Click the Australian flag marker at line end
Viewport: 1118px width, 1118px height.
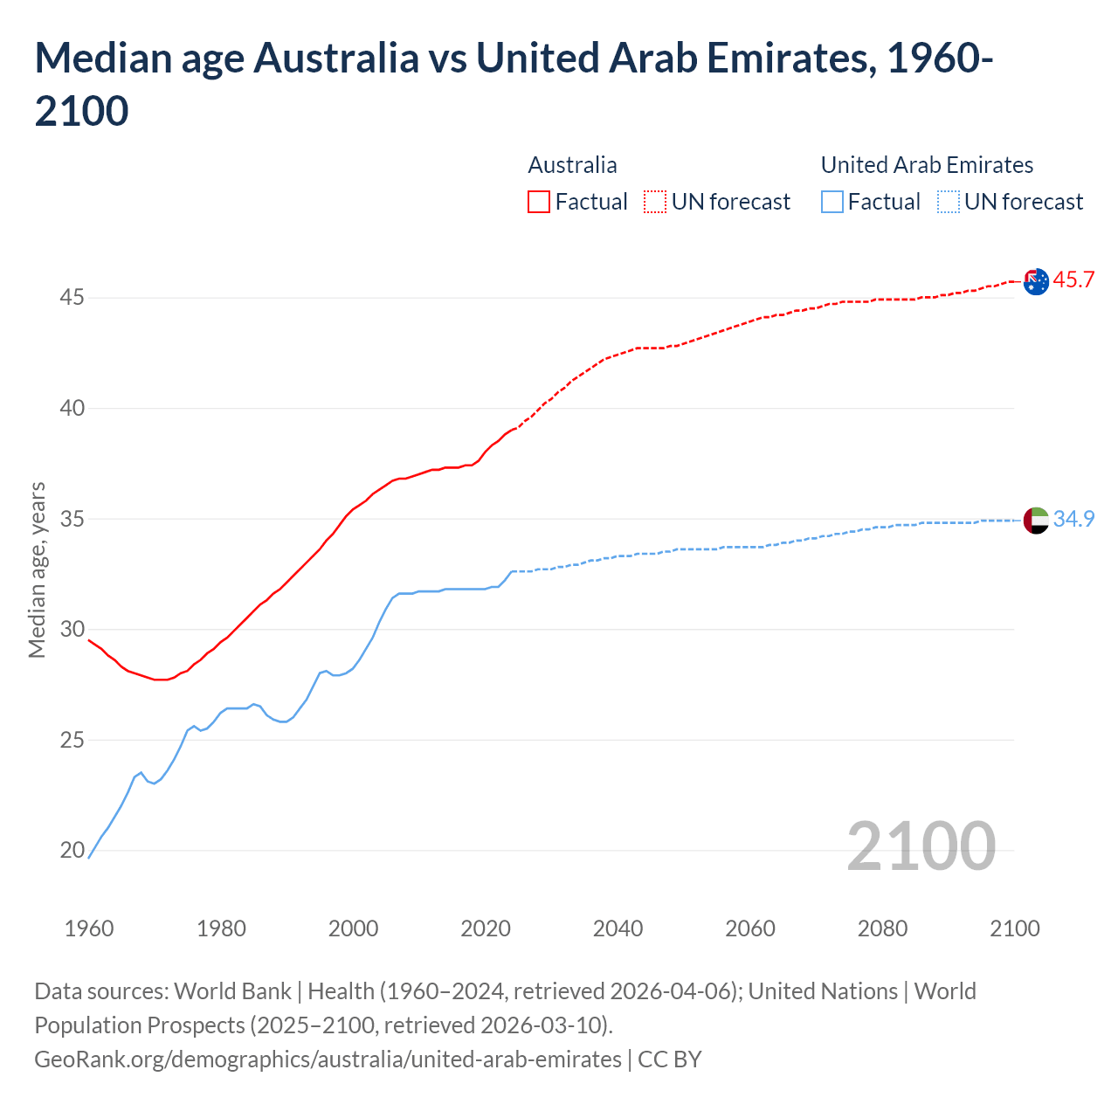pos(1036,281)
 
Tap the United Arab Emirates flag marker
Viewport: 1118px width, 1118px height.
pos(1036,520)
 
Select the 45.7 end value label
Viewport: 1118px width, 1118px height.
pos(1073,280)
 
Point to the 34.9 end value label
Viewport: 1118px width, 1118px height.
pos(1073,519)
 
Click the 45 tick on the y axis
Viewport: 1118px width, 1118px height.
pos(72,298)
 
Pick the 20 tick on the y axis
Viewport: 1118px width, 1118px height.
pos(72,850)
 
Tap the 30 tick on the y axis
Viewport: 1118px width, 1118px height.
pos(72,629)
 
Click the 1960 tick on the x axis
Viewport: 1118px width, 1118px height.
pos(89,928)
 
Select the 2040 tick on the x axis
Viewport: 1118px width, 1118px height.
pos(618,928)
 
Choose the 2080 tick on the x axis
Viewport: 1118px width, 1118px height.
pos(882,928)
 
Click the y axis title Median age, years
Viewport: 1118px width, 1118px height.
pos(37,569)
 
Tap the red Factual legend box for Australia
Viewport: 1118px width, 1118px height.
pos(539,202)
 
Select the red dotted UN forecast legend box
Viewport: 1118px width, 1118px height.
pos(655,202)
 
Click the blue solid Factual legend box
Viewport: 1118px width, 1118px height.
pos(832,202)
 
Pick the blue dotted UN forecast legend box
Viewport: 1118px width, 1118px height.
pos(948,202)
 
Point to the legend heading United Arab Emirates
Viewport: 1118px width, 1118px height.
pos(927,165)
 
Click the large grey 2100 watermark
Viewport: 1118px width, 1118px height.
pos(921,846)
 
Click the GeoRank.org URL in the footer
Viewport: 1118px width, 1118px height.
pos(328,1059)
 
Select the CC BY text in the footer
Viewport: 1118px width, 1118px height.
pos(670,1059)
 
